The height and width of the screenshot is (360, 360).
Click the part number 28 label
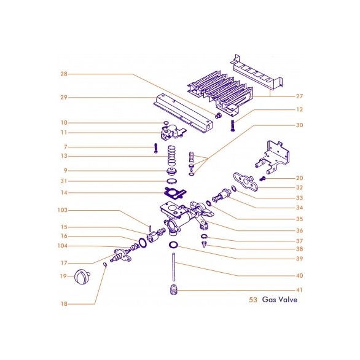coord(64,74)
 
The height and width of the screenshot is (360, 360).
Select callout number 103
coord(63,210)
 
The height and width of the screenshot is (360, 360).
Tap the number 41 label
coord(299,290)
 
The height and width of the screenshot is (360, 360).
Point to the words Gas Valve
coord(280,299)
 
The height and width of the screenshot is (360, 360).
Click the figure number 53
coord(253,300)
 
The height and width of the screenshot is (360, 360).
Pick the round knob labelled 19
coord(82,276)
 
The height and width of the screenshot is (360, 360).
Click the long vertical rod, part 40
coord(174,267)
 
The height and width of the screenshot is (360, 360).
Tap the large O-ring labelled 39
coord(173,245)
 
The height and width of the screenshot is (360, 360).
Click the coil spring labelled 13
coord(172,155)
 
